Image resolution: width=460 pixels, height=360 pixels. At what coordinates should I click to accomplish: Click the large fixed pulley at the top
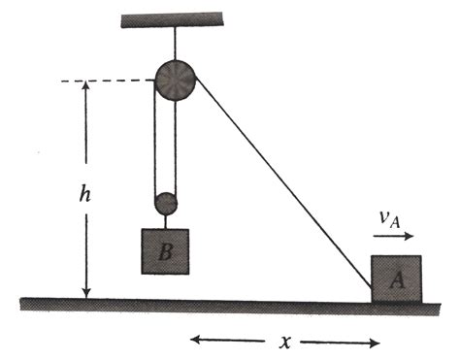click(x=175, y=80)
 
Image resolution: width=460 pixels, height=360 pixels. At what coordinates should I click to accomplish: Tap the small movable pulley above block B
click(x=167, y=204)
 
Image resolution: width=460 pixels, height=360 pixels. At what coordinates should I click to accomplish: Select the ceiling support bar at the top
click(x=174, y=18)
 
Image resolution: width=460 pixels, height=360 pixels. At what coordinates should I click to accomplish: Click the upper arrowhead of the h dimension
click(x=86, y=87)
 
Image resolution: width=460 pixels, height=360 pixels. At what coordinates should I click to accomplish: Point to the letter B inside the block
click(x=166, y=253)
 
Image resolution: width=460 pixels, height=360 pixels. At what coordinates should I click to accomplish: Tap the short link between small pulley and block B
click(x=167, y=222)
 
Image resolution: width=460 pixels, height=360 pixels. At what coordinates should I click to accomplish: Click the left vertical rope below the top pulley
click(x=155, y=146)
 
